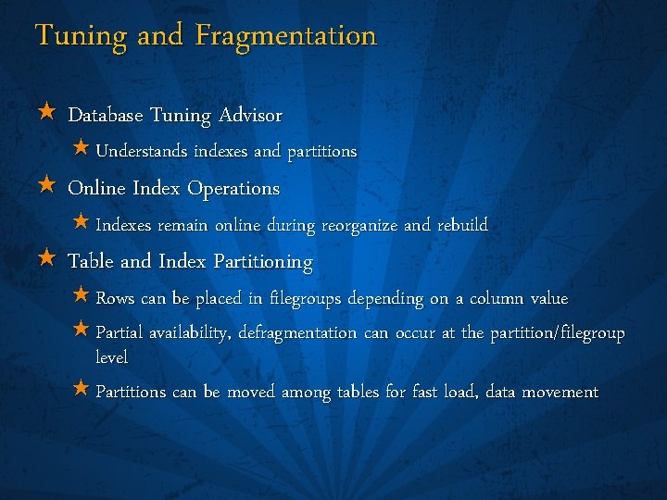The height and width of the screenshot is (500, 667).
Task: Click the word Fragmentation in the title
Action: [x=287, y=36]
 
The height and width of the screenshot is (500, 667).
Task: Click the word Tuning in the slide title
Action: [x=82, y=37]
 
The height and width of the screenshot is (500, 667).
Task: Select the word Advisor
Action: [x=250, y=116]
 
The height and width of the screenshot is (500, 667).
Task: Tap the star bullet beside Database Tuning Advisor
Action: [x=46, y=114]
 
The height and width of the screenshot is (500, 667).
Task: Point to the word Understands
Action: [x=142, y=151]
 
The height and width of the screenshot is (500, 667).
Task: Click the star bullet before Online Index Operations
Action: [x=46, y=186]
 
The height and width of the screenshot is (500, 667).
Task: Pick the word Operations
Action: [x=233, y=189]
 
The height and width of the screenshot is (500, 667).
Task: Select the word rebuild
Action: [x=460, y=225]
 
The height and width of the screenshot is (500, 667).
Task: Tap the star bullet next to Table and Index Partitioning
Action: [x=46, y=259]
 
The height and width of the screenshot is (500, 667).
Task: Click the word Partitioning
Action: [x=263, y=262]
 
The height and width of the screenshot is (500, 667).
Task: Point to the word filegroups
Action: [x=305, y=299]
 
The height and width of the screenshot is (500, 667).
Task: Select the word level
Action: [x=111, y=356]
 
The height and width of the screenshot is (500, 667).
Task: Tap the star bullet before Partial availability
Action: [x=81, y=330]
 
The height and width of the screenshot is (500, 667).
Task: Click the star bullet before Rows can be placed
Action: [x=81, y=296]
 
